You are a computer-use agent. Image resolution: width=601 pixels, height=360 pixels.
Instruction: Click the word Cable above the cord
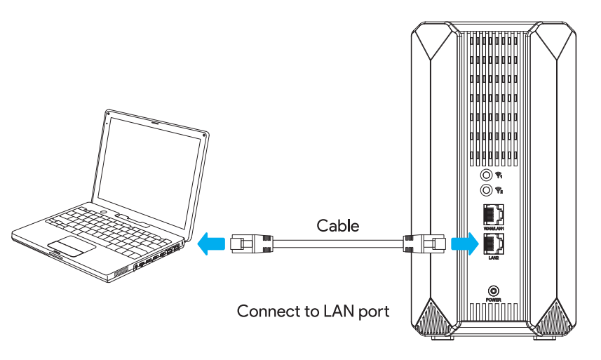click(x=338, y=225)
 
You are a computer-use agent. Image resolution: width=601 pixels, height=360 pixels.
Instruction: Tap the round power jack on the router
click(x=492, y=291)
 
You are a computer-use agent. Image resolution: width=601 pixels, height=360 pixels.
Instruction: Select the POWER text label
click(x=492, y=300)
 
